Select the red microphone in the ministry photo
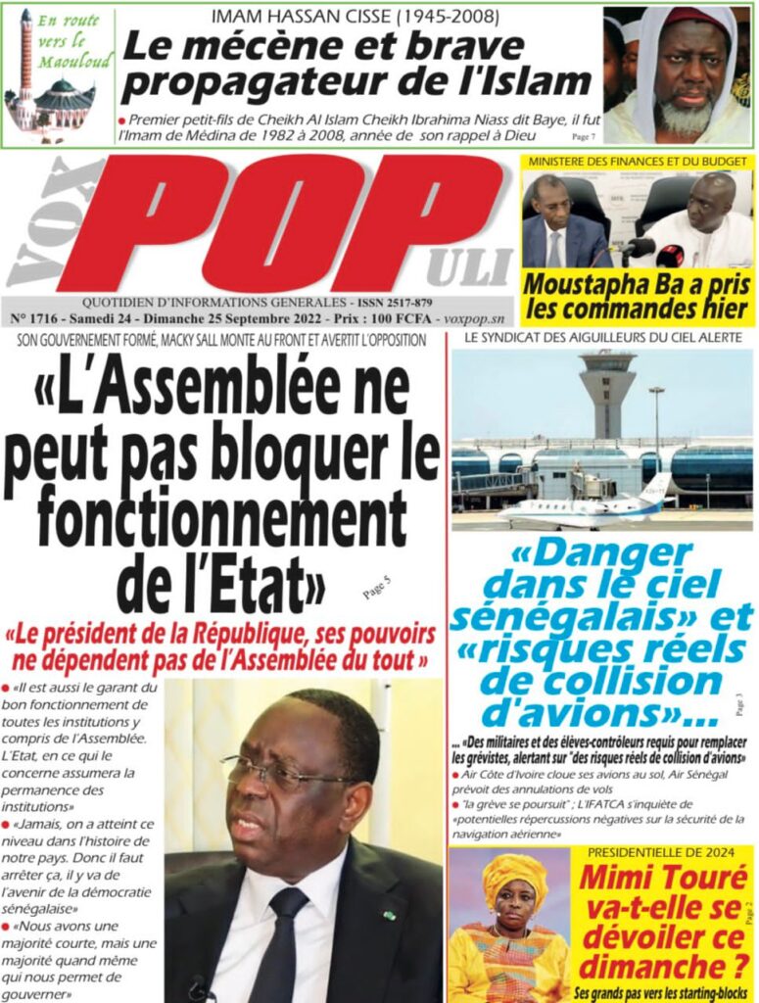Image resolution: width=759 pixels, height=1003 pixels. click(x=670, y=257)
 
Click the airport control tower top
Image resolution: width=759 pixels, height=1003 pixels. click(x=607, y=370)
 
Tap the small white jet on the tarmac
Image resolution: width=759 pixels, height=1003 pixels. click(x=588, y=509)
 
